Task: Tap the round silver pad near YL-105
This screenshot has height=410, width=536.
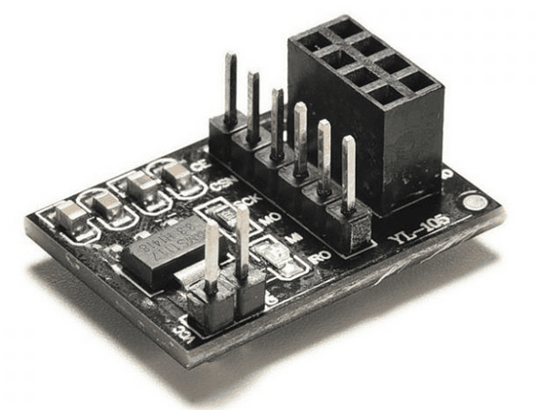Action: [476, 204]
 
